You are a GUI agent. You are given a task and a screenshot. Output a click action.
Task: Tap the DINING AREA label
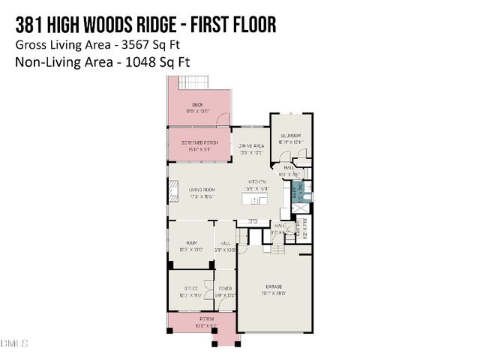250,146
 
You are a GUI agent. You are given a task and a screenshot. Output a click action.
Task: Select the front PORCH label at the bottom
203,319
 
